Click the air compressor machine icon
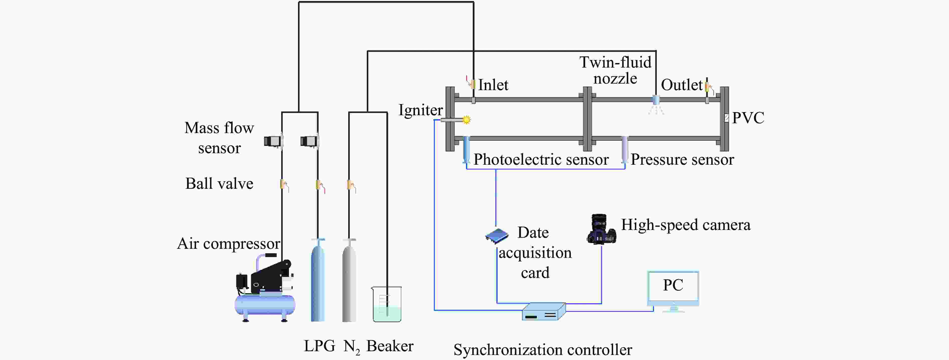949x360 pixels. [x=265, y=291]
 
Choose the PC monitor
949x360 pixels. [x=673, y=289]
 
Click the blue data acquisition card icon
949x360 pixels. [x=497, y=236]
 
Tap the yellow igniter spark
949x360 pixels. [x=467, y=119]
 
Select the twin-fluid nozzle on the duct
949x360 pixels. [x=656, y=100]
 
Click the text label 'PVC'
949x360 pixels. [x=748, y=118]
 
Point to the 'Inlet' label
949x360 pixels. [x=493, y=85]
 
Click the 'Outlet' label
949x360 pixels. [x=682, y=85]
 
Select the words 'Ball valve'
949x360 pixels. [x=219, y=184]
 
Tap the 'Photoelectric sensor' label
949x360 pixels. [x=541, y=160]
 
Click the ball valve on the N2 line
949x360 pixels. [x=351, y=185]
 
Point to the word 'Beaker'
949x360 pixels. [x=390, y=346]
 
